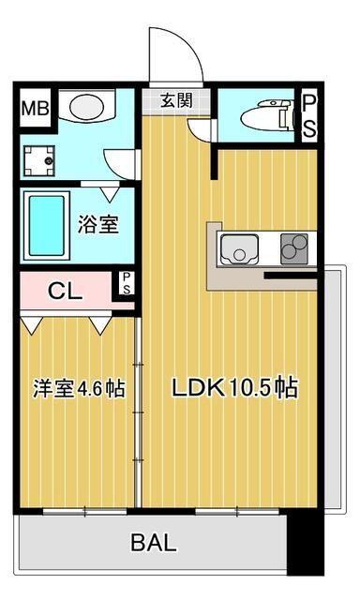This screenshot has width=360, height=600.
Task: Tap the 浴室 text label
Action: coord(97,226)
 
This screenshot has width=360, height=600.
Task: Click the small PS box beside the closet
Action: coord(126,283)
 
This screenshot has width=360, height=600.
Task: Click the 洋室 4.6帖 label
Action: coord(80,387)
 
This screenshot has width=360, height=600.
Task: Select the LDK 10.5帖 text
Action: coord(234,387)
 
